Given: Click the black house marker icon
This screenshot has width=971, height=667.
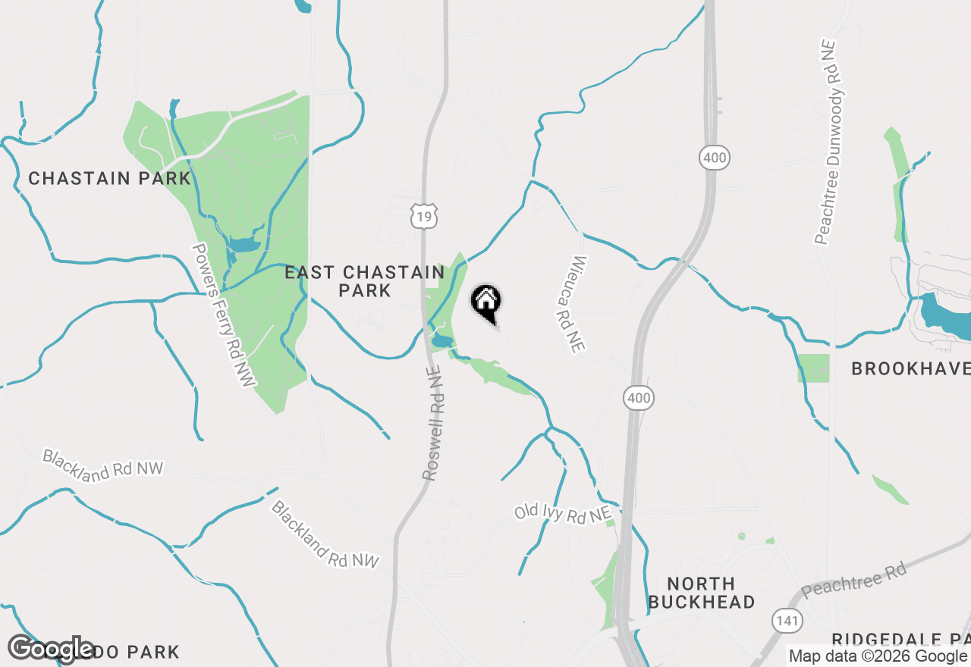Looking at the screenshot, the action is pos(486,302).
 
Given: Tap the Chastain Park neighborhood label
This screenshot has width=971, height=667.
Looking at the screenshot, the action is pos(109,179).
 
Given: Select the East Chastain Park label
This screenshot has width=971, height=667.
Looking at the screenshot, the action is pos(365,281).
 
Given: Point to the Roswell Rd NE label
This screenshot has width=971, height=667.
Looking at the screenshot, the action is pos(432,424).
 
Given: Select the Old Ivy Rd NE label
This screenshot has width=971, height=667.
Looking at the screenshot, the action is pos(562,513).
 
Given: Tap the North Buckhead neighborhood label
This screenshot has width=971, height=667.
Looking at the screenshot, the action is pos(702,593).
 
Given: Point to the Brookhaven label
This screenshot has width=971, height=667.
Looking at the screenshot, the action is pos(910,369).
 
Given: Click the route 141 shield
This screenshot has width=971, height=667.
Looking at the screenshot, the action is pos(785,620).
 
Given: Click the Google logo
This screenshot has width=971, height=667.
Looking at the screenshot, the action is pos(52,649).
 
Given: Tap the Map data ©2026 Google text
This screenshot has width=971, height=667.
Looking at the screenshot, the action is pos(878,656).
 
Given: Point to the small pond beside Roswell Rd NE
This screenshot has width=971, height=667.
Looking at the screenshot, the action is pos(441,341).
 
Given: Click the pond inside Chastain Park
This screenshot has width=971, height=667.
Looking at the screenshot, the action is pos(243,245).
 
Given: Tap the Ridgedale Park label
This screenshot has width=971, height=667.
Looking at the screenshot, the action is pos(901,639).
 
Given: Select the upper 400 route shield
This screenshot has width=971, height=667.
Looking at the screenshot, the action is pos(714,158).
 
